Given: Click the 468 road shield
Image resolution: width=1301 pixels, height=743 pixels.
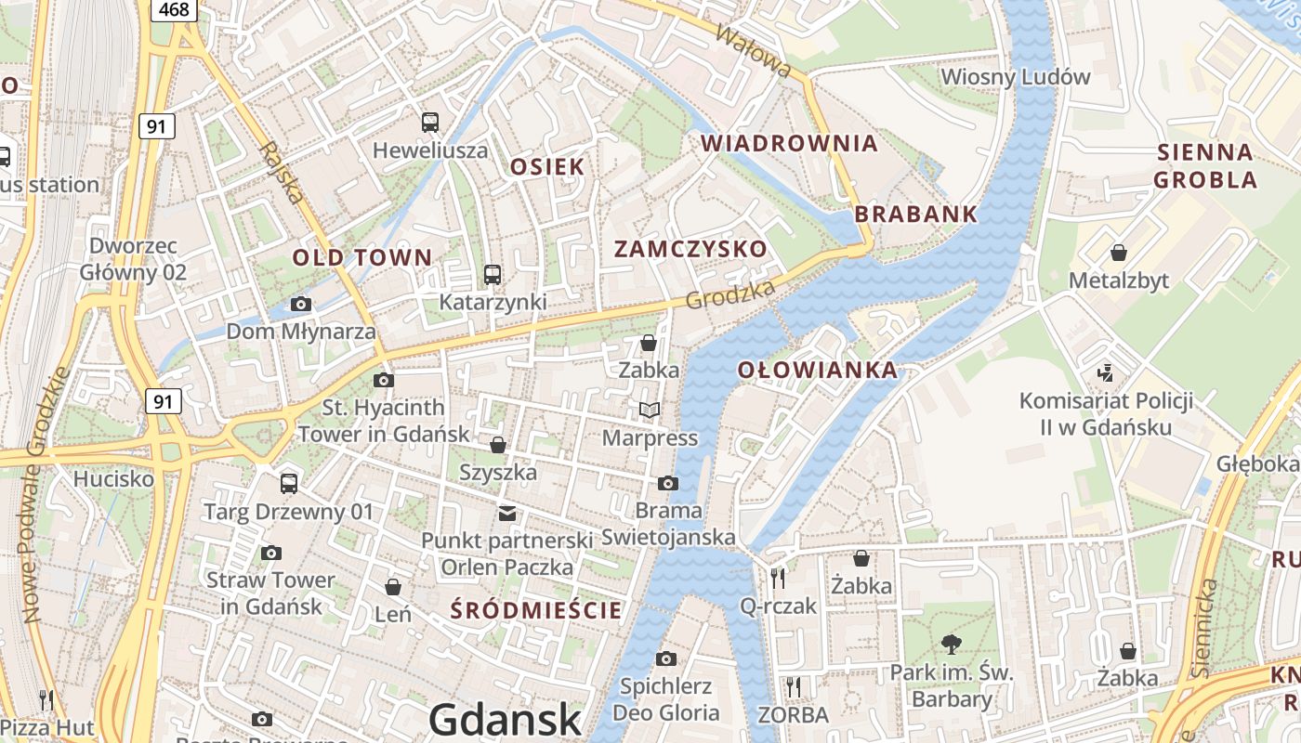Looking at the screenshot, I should [x=174, y=10].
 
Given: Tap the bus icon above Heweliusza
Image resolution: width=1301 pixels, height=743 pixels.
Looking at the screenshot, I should [x=429, y=122].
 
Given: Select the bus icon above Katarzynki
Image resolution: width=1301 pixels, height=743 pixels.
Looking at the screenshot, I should [x=492, y=275].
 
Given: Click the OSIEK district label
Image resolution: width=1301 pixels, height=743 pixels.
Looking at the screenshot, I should [x=547, y=167].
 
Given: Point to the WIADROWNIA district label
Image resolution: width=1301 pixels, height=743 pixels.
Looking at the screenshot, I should [x=789, y=143].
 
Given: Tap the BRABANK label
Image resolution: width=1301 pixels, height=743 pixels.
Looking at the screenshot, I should [x=915, y=214].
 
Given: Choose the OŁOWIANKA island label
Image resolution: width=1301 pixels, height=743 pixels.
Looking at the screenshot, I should [x=818, y=370].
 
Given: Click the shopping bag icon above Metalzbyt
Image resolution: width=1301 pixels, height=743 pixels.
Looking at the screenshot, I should [x=1119, y=253].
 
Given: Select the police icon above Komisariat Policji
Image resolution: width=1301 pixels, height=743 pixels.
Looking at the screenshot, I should [x=1106, y=373].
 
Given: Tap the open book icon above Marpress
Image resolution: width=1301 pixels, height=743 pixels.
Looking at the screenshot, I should [x=650, y=410].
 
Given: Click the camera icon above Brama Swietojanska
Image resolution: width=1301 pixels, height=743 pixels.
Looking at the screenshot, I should [x=667, y=483].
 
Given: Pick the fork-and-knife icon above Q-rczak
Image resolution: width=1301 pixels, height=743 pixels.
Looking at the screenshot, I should [x=778, y=578].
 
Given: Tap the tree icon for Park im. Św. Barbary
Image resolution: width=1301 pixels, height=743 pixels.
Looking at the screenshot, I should [x=951, y=644].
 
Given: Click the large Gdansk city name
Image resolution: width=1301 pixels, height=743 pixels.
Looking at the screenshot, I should [x=506, y=720].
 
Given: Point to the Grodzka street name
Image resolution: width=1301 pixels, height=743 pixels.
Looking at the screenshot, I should [x=730, y=295].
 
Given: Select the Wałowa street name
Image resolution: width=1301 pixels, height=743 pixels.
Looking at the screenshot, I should [x=754, y=50].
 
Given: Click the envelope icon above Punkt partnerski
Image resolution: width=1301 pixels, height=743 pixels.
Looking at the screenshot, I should [x=506, y=513].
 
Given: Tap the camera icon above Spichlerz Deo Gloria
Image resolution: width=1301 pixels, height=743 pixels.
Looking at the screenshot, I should [x=665, y=658].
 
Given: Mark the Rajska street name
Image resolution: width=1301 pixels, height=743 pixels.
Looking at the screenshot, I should [x=282, y=173].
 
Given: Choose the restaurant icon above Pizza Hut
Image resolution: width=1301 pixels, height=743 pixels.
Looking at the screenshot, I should [x=46, y=699].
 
